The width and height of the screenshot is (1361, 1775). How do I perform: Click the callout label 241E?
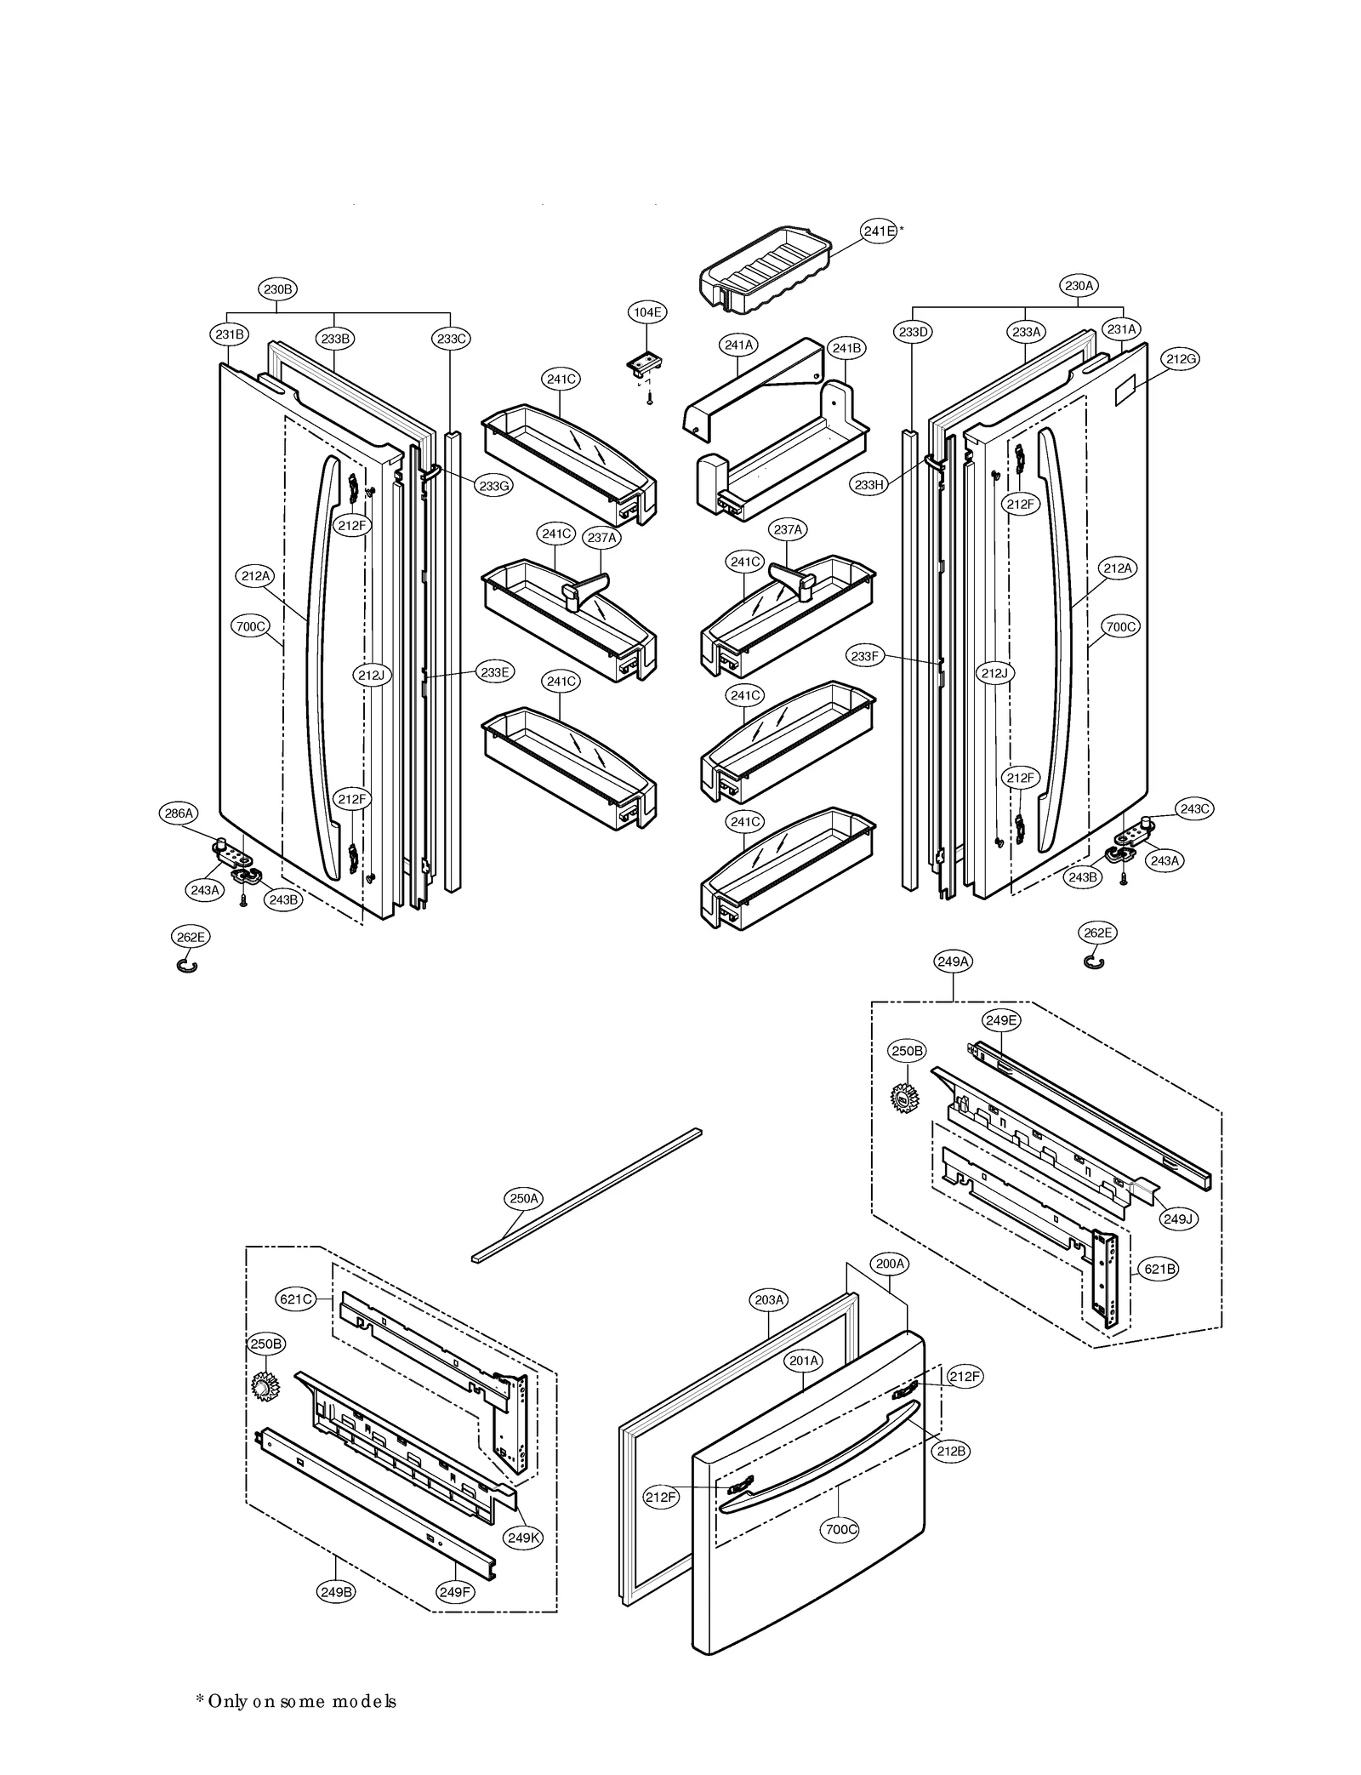(879, 231)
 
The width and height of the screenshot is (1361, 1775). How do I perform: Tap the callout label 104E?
(646, 312)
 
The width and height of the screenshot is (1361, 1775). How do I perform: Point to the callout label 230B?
(277, 289)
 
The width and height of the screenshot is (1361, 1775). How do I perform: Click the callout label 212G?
(1181, 359)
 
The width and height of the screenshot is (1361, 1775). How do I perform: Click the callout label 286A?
(179, 813)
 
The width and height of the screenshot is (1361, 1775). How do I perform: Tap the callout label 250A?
(524, 1199)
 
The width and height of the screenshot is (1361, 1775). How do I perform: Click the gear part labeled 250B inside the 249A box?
(902, 1097)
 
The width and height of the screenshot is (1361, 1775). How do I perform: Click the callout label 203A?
(769, 1299)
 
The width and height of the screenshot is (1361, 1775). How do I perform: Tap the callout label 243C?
(1194, 808)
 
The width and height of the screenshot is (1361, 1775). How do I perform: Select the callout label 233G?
(494, 486)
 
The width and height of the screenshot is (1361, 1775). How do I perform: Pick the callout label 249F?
(455, 1591)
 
